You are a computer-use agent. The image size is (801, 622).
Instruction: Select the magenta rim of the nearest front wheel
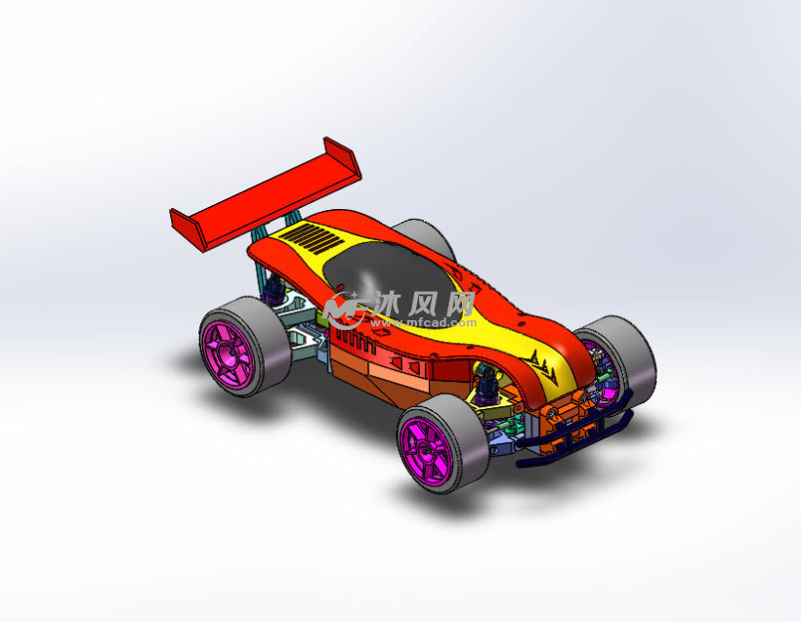426,451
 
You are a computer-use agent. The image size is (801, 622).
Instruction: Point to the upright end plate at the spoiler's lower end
186,229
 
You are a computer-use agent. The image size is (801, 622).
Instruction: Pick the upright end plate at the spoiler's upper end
343,158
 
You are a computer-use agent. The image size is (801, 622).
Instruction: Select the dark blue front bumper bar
574,432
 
